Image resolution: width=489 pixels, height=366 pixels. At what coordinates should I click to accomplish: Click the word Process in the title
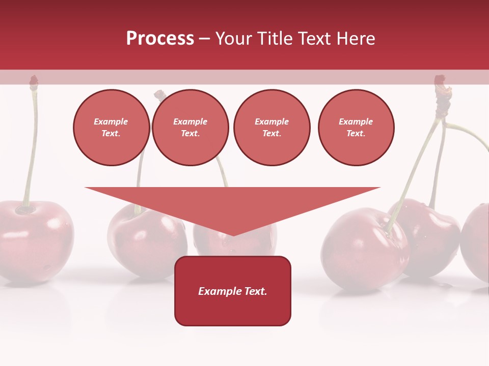160,39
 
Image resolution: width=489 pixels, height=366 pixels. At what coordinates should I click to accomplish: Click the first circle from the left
112,128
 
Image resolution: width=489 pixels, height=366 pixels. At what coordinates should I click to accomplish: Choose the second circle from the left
191,128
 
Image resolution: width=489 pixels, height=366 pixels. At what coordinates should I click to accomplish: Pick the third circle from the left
271,128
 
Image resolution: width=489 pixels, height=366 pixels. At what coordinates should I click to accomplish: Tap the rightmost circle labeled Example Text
356,128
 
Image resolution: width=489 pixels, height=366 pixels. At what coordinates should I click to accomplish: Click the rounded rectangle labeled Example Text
233,291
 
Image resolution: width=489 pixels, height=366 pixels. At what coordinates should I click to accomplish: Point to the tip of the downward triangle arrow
233,234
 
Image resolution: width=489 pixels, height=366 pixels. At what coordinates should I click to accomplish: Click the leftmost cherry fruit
33,239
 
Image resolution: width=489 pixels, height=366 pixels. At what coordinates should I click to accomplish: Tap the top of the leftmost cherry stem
34,80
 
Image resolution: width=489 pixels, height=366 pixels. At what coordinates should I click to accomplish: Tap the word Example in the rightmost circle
356,121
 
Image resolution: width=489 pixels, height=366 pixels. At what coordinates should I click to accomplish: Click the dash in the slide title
205,39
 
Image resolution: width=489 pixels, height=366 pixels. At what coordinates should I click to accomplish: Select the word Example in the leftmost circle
111,121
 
